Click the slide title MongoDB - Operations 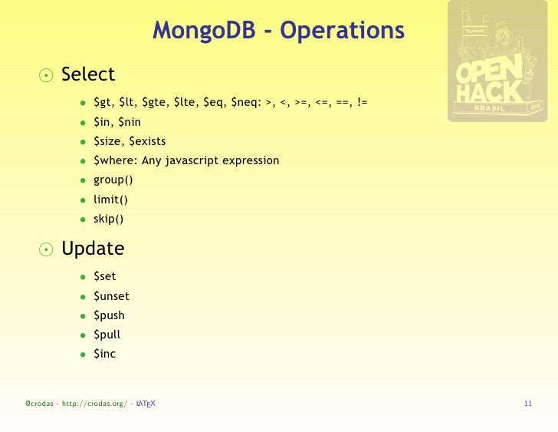[278, 31]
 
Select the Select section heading [88, 74]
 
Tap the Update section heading [93, 249]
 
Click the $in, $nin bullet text [117, 122]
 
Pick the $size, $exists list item [130, 141]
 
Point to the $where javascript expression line [186, 160]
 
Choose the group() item [113, 180]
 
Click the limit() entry [110, 200]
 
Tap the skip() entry [109, 219]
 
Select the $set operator [105, 276]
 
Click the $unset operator [111, 296]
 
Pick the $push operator [109, 315]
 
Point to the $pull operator [107, 335]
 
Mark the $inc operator [104, 354]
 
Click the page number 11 [527, 404]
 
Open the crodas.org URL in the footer [94, 404]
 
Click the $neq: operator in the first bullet [245, 102]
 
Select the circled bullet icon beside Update [47, 249]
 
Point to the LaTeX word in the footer [146, 404]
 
